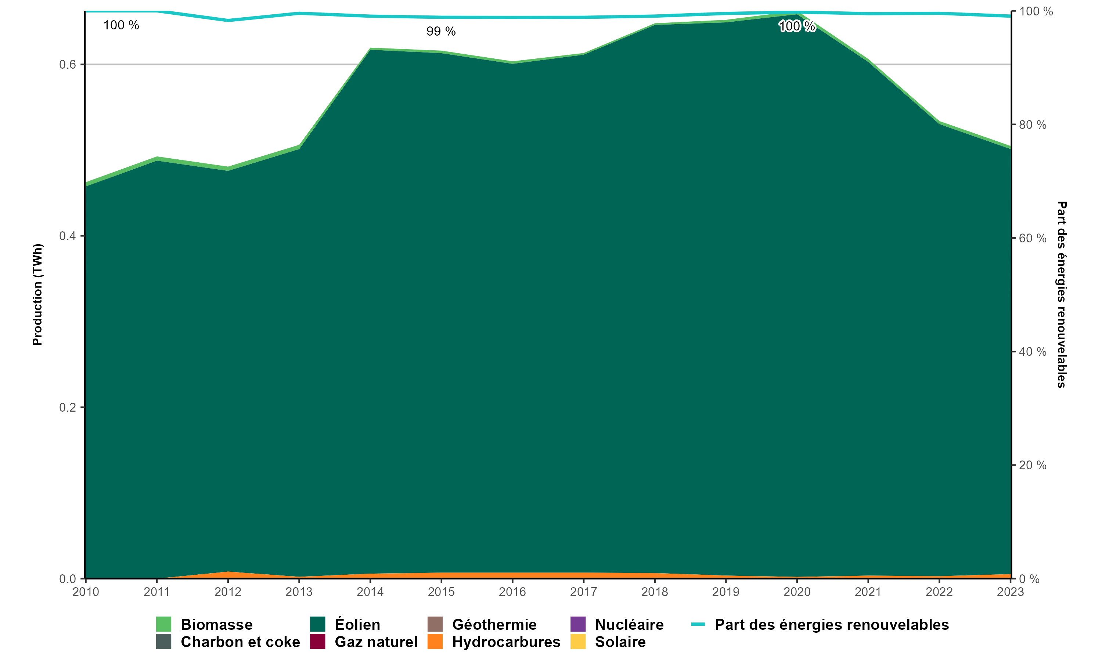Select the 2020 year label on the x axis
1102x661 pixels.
[797, 592]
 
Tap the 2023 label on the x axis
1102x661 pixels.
[1010, 592]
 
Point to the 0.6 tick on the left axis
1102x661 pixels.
[68, 65]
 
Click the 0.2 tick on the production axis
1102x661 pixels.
[68, 408]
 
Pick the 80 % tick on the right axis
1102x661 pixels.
[1033, 125]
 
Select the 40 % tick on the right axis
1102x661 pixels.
[1033, 352]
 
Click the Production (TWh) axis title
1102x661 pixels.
[37, 295]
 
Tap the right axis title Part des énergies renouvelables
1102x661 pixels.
[1062, 295]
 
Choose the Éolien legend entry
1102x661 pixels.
[357, 625]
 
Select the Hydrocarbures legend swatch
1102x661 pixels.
[435, 642]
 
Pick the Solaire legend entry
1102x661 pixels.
[620, 642]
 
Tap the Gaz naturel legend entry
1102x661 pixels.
[376, 642]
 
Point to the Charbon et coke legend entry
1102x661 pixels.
[240, 642]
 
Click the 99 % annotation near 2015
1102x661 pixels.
[441, 32]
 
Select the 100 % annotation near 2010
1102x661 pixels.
[121, 25]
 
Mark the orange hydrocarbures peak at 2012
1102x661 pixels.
[228, 574]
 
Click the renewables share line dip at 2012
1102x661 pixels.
[228, 21]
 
